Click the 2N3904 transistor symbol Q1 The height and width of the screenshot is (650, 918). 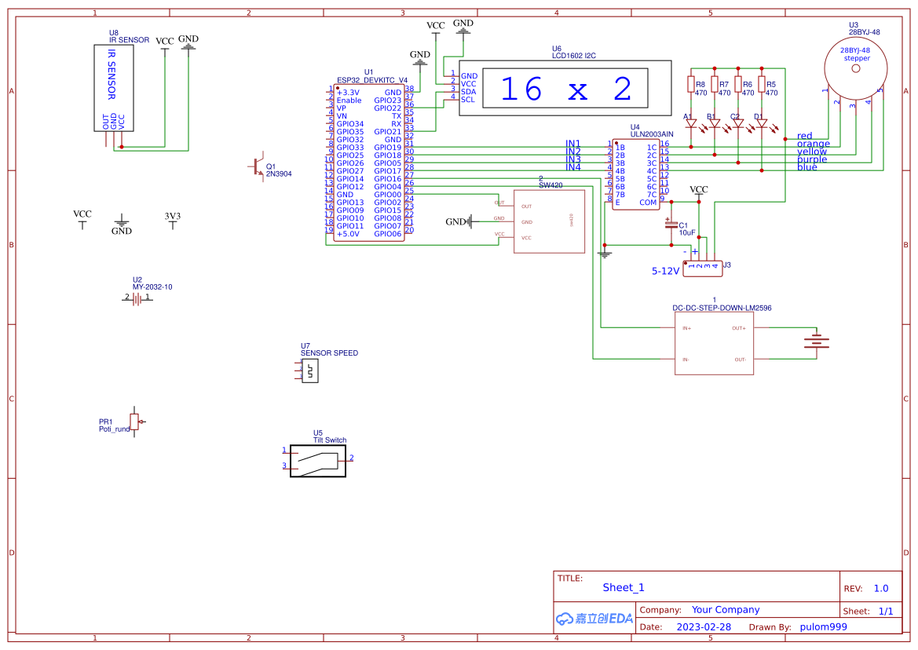pyautogui.click(x=258, y=167)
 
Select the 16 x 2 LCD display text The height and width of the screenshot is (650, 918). pyautogui.click(x=565, y=89)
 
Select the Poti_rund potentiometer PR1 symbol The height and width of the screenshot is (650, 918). pyautogui.click(x=135, y=422)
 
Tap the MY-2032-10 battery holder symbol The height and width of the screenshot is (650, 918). pyautogui.click(x=137, y=298)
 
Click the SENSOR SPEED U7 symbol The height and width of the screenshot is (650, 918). pyautogui.click(x=310, y=371)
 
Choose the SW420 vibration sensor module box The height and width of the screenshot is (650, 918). pyautogui.click(x=549, y=221)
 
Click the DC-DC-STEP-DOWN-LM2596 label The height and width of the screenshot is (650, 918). pyautogui.click(x=722, y=309)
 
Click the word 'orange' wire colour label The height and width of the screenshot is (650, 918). pyautogui.click(x=813, y=144)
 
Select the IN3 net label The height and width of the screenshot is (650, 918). pyautogui.click(x=573, y=159)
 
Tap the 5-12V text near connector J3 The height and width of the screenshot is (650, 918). pyautogui.click(x=665, y=271)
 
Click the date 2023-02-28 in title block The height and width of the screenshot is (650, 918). pyautogui.click(x=704, y=627)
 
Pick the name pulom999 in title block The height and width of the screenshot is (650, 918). pyautogui.click(x=823, y=627)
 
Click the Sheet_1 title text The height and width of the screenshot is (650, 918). pyautogui.click(x=624, y=587)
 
